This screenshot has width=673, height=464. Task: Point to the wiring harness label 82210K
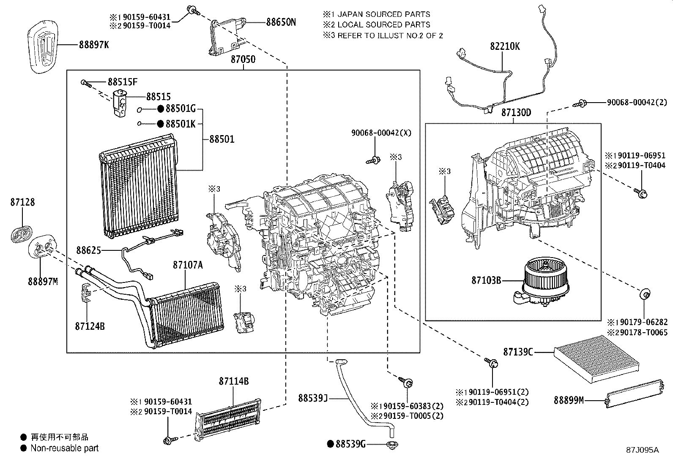click(x=505, y=46)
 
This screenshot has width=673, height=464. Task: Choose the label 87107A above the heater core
click(x=187, y=265)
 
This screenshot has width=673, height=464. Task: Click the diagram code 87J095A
click(x=642, y=450)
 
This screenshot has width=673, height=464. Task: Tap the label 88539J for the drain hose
click(x=313, y=398)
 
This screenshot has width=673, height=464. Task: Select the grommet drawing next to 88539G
click(x=393, y=444)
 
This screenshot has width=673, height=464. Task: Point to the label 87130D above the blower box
click(x=516, y=113)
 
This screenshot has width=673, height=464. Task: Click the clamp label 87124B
click(x=90, y=326)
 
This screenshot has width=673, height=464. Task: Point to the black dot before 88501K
click(x=160, y=124)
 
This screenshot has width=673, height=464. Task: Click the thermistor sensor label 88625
click(x=88, y=250)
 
